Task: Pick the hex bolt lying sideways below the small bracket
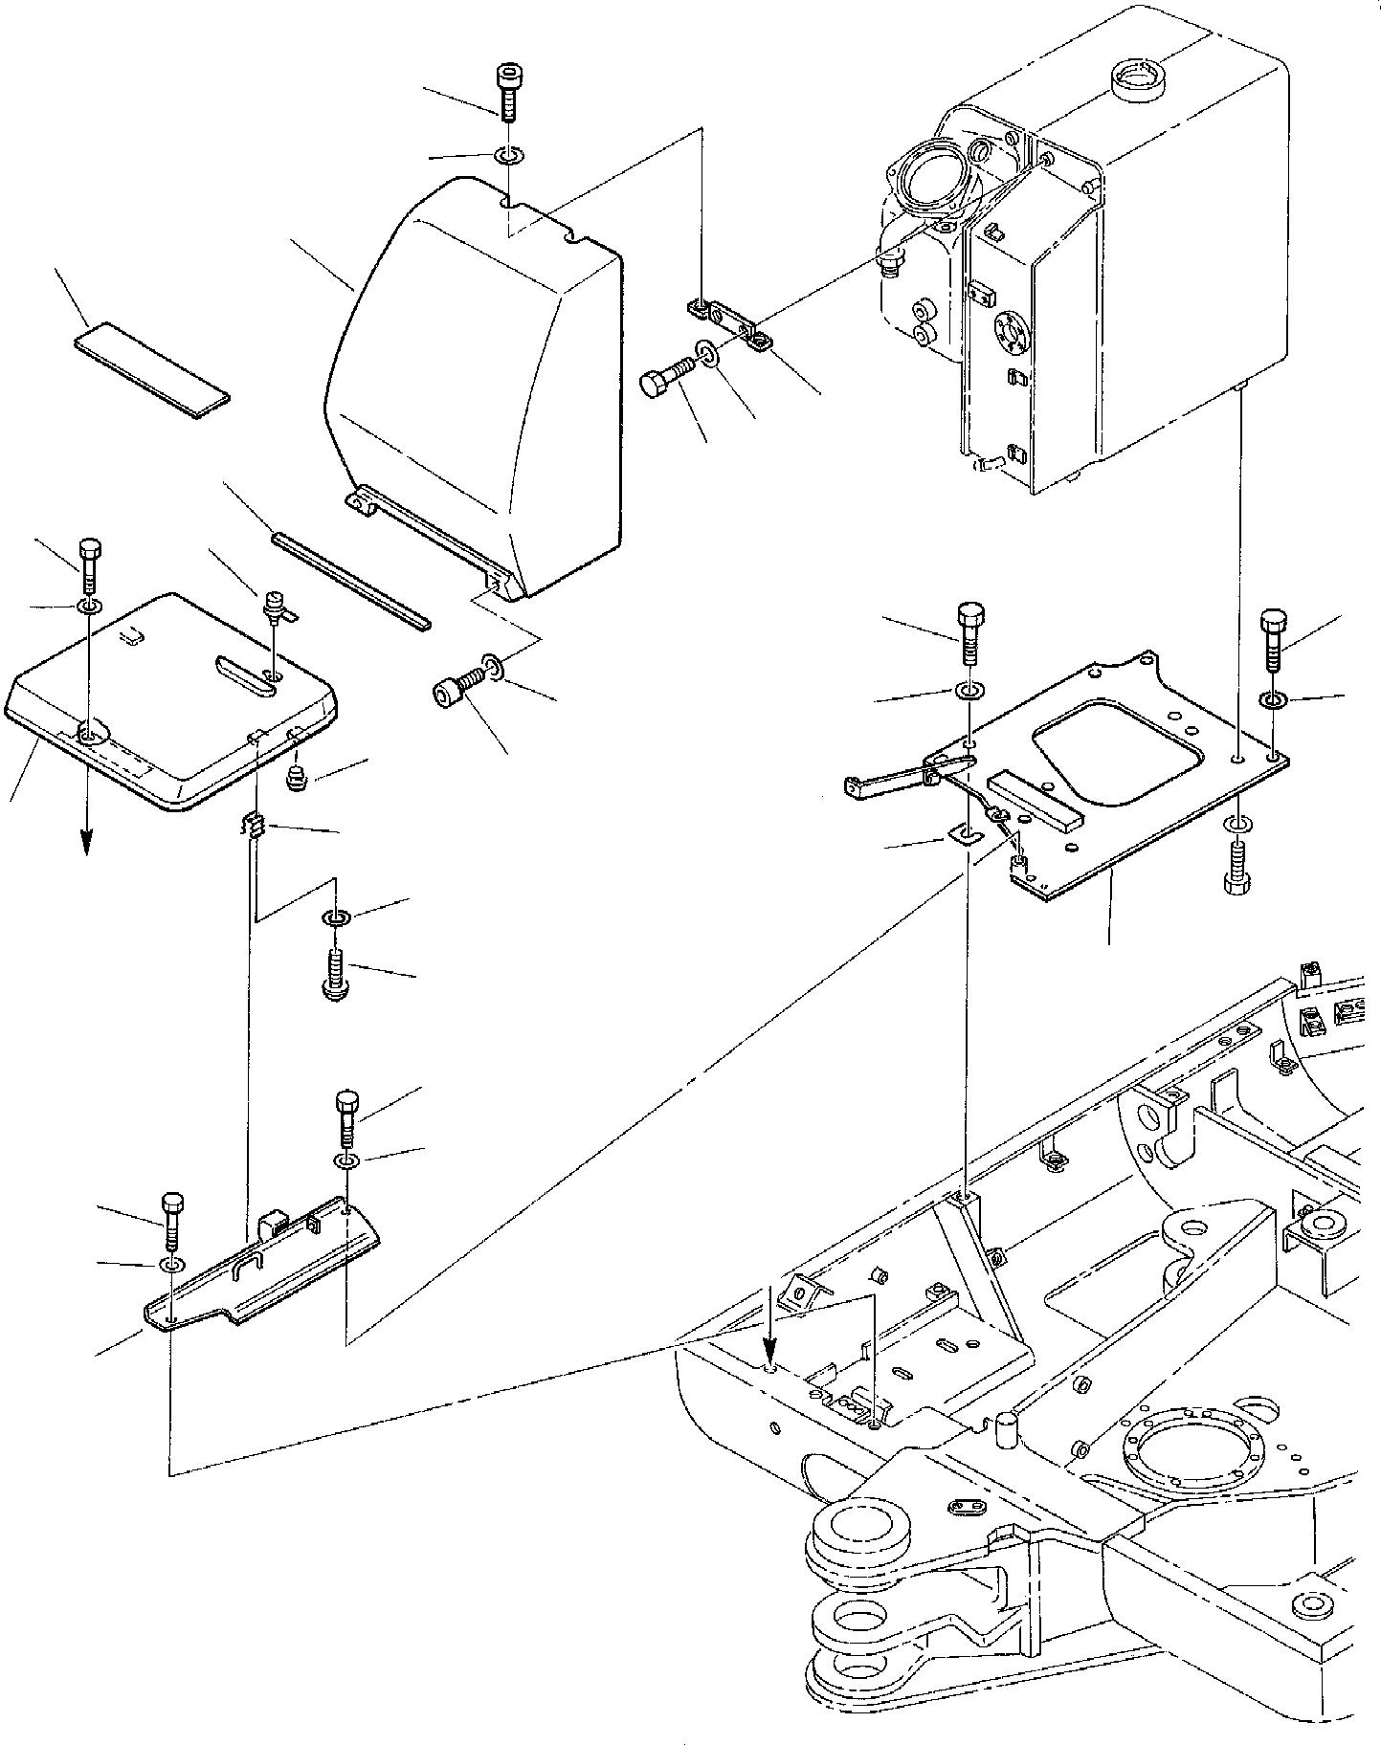tap(666, 378)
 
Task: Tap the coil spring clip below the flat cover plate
tap(253, 823)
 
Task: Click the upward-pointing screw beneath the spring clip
tap(335, 974)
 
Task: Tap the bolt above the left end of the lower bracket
tap(172, 1221)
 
